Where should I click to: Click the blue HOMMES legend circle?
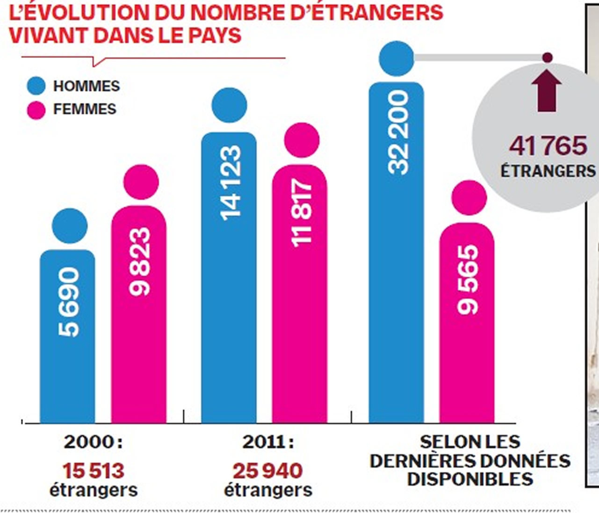coord(36,87)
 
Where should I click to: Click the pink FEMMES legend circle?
coord(36,110)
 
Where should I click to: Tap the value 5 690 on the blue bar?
coord(68,302)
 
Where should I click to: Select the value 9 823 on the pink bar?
coord(139,261)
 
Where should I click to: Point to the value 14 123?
coord(230,182)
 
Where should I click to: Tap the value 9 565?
coord(468,280)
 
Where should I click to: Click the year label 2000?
coord(89,442)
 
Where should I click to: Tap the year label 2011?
coord(265,442)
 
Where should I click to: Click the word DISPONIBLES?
coord(470,479)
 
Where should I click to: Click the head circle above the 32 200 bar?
coord(397,58)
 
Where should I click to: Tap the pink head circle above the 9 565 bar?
coord(469,197)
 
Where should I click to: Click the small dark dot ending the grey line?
coord(547,58)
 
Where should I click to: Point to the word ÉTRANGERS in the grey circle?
coord(548,171)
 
